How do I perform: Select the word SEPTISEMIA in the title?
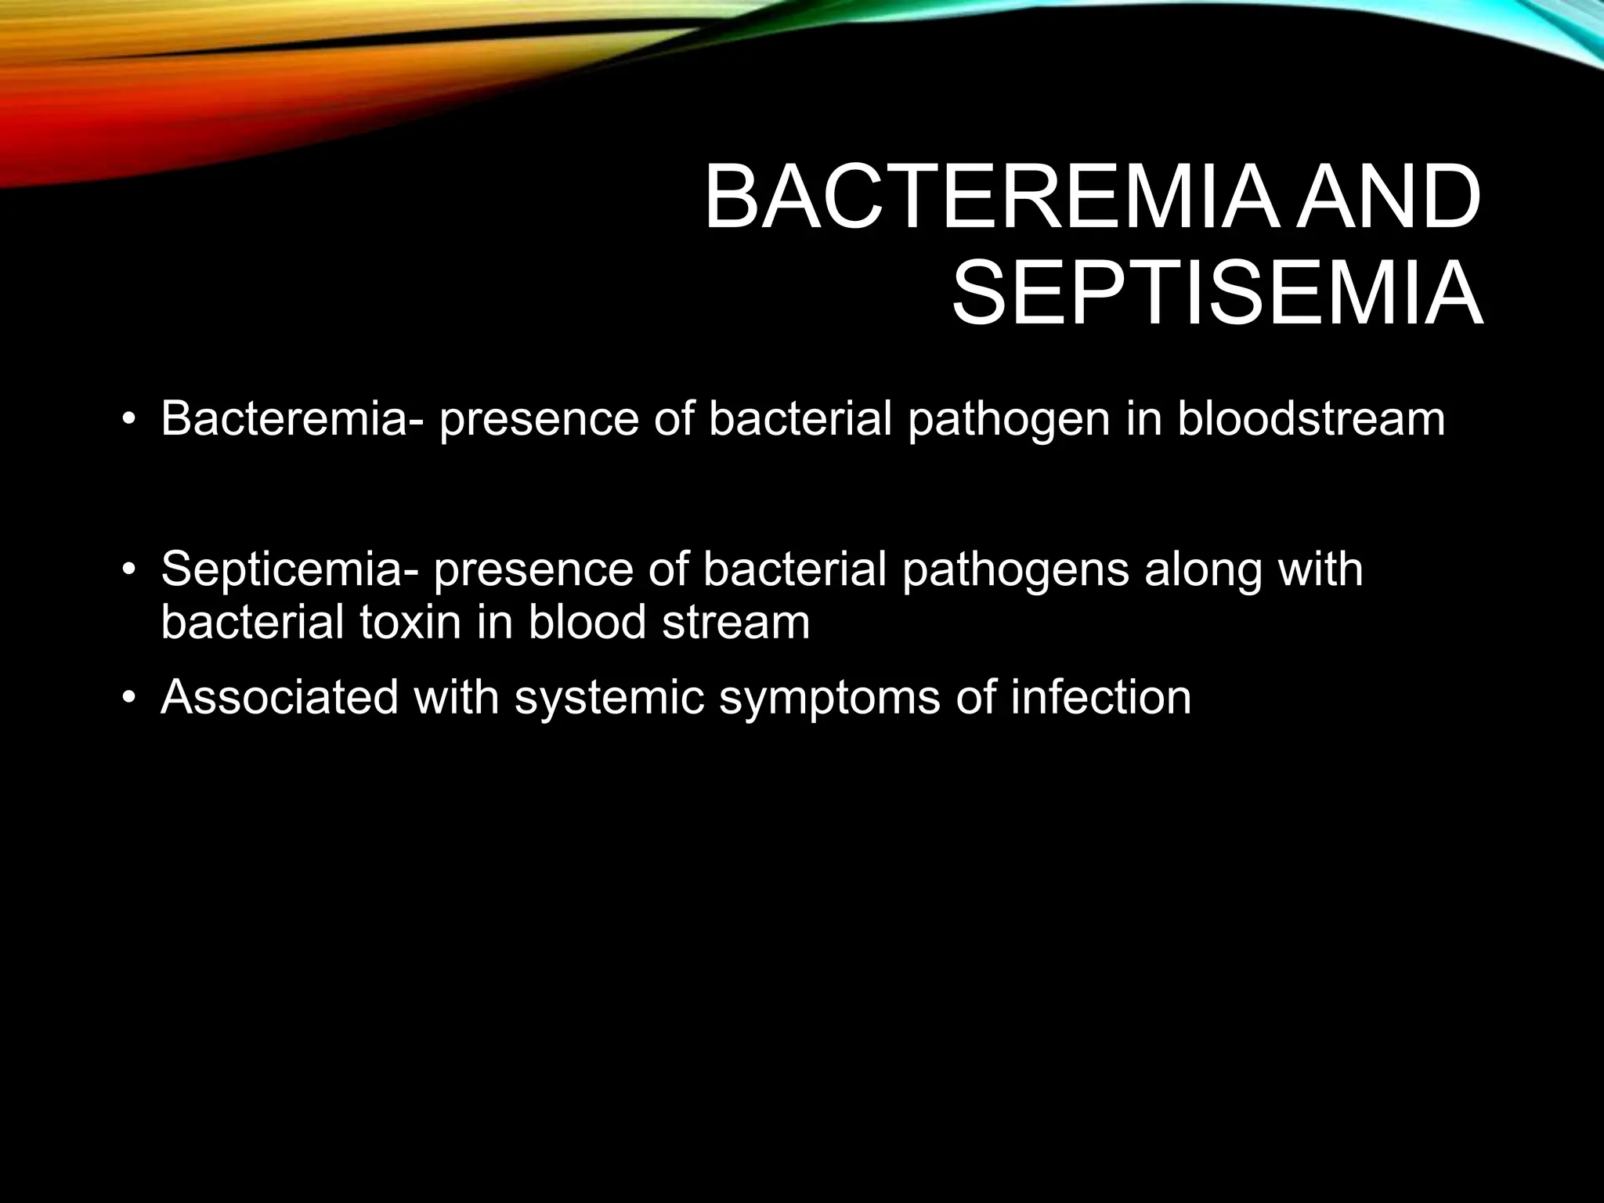[1217, 296]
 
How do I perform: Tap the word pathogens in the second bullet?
[1015, 570]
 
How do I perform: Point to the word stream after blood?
[735, 622]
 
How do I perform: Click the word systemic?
[610, 698]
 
